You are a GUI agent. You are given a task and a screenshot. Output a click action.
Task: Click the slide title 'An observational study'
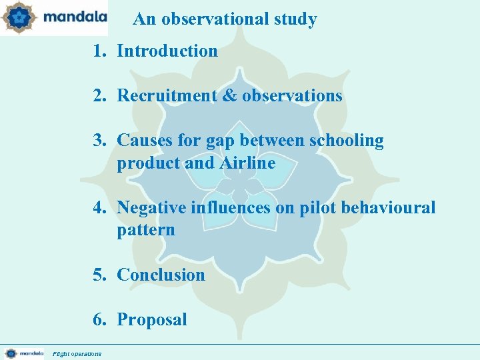(x=225, y=19)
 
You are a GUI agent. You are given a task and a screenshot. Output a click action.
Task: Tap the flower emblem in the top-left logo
(x=18, y=17)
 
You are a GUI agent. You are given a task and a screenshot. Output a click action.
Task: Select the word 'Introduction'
(x=167, y=51)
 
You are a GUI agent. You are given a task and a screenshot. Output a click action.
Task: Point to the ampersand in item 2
(x=229, y=96)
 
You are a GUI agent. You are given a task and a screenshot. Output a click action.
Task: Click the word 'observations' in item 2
(x=292, y=96)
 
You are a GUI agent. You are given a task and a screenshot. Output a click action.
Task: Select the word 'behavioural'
(x=388, y=208)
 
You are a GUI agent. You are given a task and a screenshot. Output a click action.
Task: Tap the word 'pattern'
(x=146, y=231)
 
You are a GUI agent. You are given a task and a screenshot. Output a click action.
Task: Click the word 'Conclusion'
(x=161, y=275)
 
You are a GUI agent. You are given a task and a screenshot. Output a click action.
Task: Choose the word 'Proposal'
(x=152, y=320)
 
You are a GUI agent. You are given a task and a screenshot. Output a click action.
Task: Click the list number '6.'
(x=99, y=320)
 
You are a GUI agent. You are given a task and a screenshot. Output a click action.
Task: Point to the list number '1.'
(x=99, y=51)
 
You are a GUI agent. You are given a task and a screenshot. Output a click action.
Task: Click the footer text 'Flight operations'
(x=77, y=353)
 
